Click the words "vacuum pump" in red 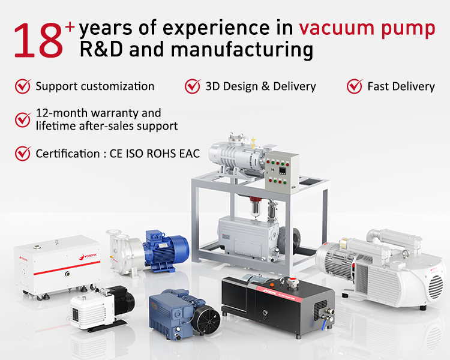(367, 28)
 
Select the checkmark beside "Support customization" (23, 86)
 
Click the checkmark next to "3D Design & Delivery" (193, 86)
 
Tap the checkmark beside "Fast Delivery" (355, 86)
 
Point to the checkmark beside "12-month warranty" (23, 119)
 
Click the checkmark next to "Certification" (23, 153)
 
